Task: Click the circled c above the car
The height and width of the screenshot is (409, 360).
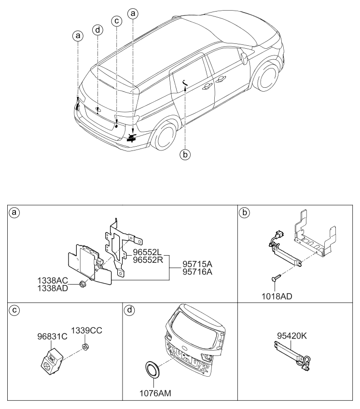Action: click(x=116, y=21)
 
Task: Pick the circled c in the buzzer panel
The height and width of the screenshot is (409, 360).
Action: click(x=15, y=310)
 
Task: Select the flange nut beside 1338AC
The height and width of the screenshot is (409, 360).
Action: click(x=83, y=284)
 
